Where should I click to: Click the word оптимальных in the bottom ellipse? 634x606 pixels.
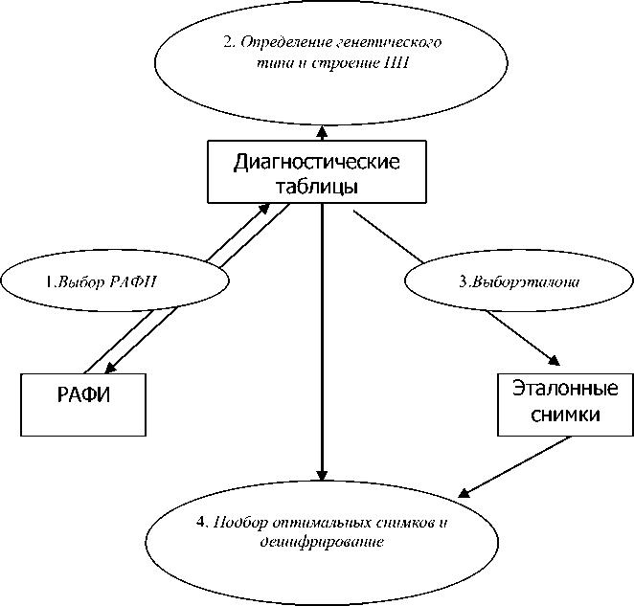click(x=306, y=523)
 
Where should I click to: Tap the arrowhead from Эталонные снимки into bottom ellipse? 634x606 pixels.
click(x=464, y=494)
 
